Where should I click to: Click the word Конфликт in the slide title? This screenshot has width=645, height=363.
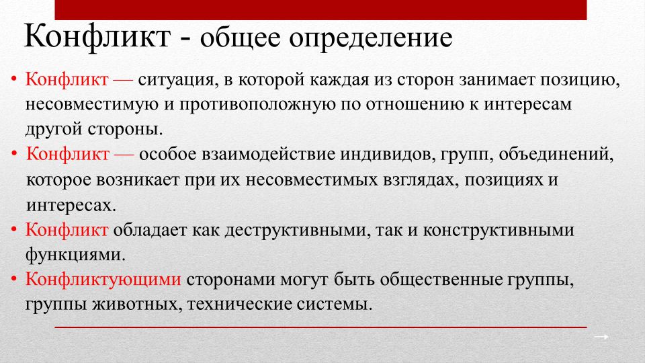(x=97, y=37)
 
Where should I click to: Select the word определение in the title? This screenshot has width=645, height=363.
(x=371, y=39)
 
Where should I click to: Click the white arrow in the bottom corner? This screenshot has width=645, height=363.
(x=601, y=337)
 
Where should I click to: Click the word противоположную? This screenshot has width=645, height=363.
(x=257, y=105)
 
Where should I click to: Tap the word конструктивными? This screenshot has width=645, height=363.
(x=499, y=231)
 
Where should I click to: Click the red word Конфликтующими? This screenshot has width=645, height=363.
(x=103, y=280)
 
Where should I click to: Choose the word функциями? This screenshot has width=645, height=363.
(x=75, y=255)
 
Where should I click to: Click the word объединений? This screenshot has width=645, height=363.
(x=556, y=155)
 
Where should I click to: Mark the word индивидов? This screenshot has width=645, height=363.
(x=388, y=155)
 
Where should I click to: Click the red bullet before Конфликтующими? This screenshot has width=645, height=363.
(x=14, y=280)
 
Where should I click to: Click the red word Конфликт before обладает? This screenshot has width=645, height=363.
(x=67, y=230)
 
